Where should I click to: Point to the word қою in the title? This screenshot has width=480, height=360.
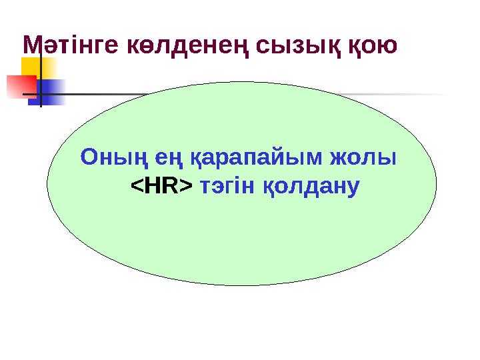[373, 46]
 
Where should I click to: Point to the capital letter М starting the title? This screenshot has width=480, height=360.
[32, 46]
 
